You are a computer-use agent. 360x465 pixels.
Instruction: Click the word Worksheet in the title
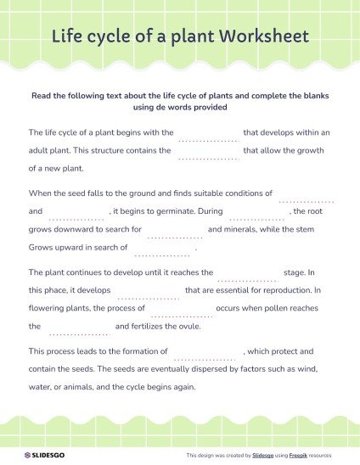(x=263, y=37)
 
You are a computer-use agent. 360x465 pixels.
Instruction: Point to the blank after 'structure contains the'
(x=208, y=154)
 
